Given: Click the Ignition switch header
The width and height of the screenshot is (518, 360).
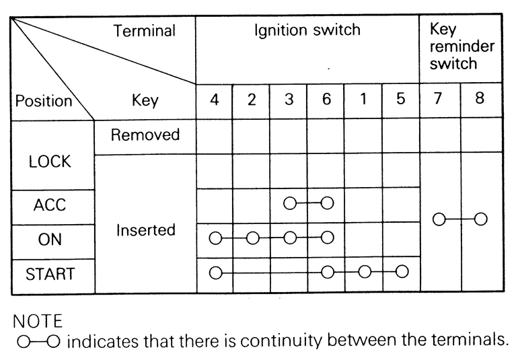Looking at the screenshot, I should click(307, 30).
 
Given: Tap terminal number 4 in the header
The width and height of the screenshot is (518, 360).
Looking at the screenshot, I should click(215, 101).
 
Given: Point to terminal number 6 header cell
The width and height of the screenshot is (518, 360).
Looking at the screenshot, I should click(326, 101).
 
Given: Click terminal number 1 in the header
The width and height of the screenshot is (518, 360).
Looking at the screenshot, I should click(363, 101).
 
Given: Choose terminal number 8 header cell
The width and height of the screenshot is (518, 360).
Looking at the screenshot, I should click(480, 101).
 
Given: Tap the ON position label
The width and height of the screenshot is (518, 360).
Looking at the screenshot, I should click(50, 241).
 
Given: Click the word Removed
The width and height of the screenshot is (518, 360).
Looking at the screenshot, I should click(145, 135).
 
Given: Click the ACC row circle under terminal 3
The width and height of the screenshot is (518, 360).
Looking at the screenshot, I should click(290, 203).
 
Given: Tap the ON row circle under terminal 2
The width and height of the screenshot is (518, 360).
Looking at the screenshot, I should click(252, 238).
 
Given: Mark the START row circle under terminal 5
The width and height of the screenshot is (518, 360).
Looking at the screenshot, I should click(402, 272).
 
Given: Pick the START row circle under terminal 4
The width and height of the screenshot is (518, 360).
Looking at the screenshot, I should click(215, 273).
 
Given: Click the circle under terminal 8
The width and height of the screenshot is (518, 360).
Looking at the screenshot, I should click(480, 219).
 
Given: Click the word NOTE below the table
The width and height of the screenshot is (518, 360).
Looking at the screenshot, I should click(37, 319).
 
